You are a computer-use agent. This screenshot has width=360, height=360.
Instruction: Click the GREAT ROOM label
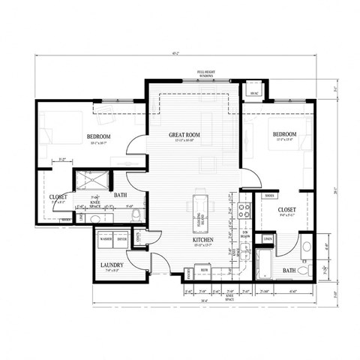(184, 135)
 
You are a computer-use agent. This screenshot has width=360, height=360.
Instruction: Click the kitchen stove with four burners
(244, 211)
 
